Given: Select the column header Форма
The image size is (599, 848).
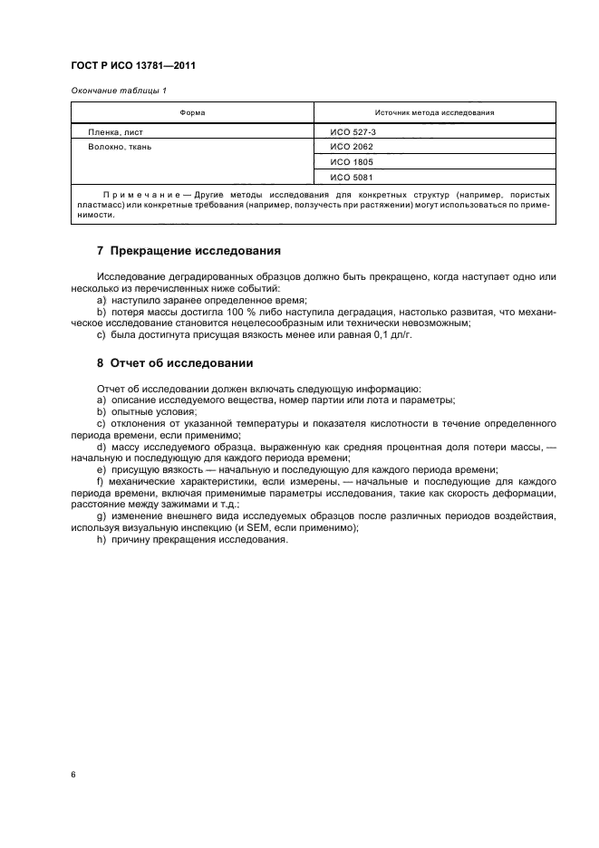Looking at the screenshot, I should click(192, 113).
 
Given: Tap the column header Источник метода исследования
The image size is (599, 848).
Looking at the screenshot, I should click(435, 113).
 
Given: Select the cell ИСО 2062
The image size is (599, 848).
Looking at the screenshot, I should click(348, 146).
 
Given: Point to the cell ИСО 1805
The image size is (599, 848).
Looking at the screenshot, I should click(348, 161).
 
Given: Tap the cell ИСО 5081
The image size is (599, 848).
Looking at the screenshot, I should click(348, 177).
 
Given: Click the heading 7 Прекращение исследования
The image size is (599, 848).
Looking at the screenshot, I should click(188, 250).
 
